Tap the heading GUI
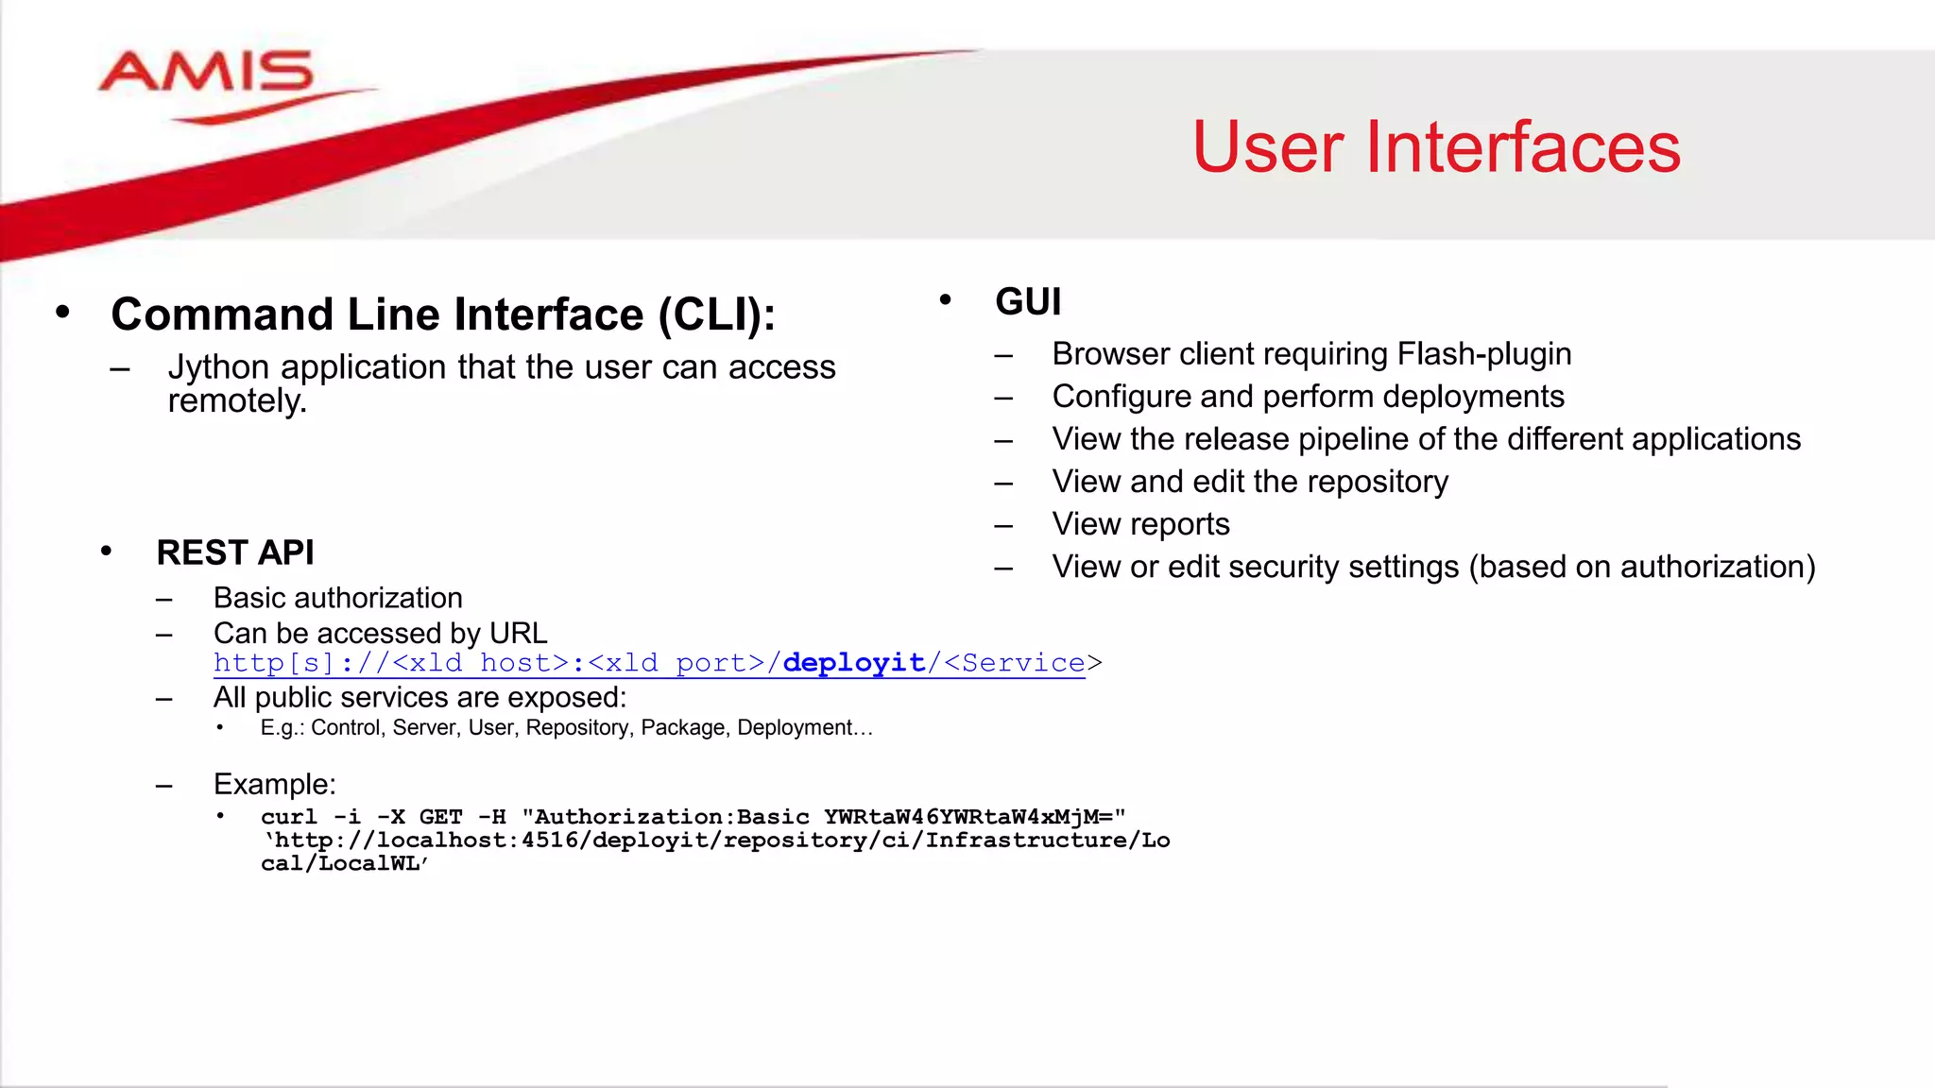pyautogui.click(x=1028, y=302)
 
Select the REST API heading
pyautogui.click(x=235, y=552)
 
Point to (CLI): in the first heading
pyautogui.click(x=716, y=314)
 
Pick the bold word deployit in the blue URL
pyautogui.click(x=853, y=663)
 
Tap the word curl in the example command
pyautogui.click(x=289, y=817)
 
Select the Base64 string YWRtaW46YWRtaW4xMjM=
pyautogui.click(x=973, y=817)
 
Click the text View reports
pyautogui.click(x=1140, y=524)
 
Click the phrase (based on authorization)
pyautogui.click(x=1641, y=567)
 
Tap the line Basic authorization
pyautogui.click(x=337, y=598)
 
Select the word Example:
pyautogui.click(x=274, y=785)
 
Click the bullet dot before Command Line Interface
pyautogui.click(x=62, y=313)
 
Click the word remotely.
pyautogui.click(x=237, y=401)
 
